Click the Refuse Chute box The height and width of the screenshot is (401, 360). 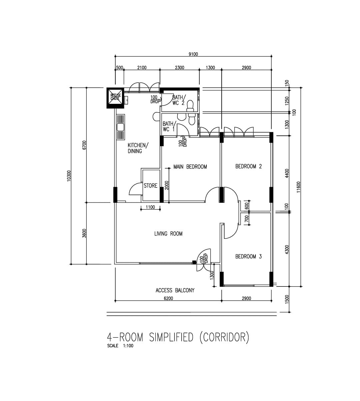[x=115, y=98]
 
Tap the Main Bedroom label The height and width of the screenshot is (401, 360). [x=190, y=167]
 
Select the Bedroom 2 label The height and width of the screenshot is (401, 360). [x=248, y=166]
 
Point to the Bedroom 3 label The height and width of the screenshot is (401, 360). [x=248, y=256]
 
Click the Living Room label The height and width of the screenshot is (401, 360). [x=168, y=234]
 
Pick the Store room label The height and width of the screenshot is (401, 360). [x=150, y=186]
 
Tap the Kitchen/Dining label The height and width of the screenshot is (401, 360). [x=138, y=148]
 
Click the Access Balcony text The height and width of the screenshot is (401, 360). [x=175, y=290]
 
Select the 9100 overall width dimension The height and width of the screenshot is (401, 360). [x=193, y=54]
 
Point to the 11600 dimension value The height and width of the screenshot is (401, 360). [x=299, y=187]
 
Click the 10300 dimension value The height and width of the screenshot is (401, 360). [x=69, y=176]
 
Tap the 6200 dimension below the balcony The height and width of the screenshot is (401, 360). [x=168, y=298]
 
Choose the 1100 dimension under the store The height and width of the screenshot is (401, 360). [x=150, y=207]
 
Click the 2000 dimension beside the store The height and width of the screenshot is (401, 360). [x=167, y=185]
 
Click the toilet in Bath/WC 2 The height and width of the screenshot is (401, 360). [x=190, y=105]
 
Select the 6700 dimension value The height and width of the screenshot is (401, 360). [x=84, y=145]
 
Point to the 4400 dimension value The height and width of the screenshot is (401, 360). [x=287, y=174]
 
